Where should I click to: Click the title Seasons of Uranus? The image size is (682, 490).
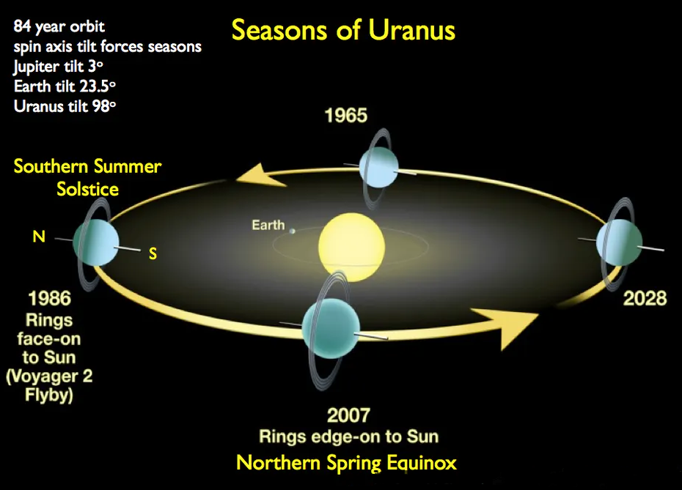click(x=343, y=29)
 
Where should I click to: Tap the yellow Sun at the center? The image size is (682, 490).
click(x=351, y=247)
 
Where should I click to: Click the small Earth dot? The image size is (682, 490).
click(x=293, y=231)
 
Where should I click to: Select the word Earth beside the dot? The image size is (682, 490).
click(x=268, y=225)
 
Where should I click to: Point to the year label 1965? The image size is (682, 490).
click(x=346, y=116)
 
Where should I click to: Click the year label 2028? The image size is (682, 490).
click(x=645, y=298)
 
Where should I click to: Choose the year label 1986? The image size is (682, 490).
click(x=49, y=298)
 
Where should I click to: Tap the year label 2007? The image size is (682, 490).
click(x=348, y=415)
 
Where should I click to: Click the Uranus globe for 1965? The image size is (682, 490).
click(x=378, y=168)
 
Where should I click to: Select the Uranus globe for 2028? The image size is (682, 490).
click(x=619, y=242)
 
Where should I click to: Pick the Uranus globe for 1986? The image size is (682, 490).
click(x=95, y=242)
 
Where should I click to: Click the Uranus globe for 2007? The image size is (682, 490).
click(x=331, y=330)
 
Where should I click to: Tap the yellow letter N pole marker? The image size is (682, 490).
click(x=39, y=237)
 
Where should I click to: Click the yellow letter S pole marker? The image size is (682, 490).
click(x=153, y=253)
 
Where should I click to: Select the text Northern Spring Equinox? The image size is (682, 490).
click(x=346, y=462)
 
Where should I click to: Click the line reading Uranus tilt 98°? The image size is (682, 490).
click(x=65, y=106)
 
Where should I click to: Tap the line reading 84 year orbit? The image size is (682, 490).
click(x=59, y=26)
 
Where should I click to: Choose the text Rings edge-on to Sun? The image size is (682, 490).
click(x=348, y=437)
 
